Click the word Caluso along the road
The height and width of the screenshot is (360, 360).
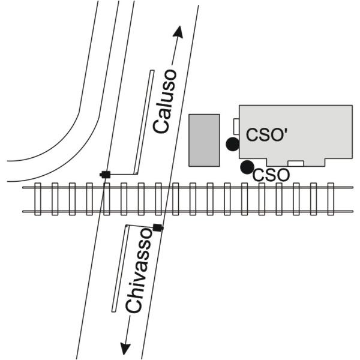[165, 101]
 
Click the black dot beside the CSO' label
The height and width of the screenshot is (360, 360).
[232, 144]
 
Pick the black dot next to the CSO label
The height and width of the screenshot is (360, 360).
[246, 167]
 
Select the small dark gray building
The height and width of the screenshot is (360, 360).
[204, 139]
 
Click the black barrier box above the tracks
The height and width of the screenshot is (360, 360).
[106, 174]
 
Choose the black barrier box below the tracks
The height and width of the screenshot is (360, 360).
[158, 227]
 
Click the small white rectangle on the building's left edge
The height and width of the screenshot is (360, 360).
[236, 127]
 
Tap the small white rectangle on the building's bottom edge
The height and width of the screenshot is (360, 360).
[296, 163]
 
